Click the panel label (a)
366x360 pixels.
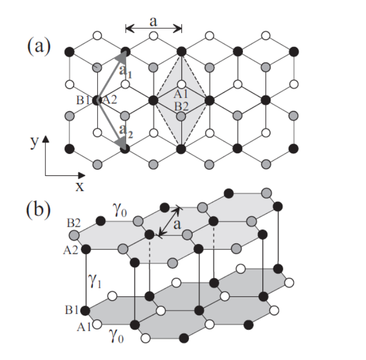coord(39,46)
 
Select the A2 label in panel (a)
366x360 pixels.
coord(110,100)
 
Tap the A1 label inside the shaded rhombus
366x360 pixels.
coord(181,94)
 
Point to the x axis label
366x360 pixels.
coord(80,186)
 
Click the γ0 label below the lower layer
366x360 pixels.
coord(117,341)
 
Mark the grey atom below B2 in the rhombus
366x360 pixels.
coord(181,116)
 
